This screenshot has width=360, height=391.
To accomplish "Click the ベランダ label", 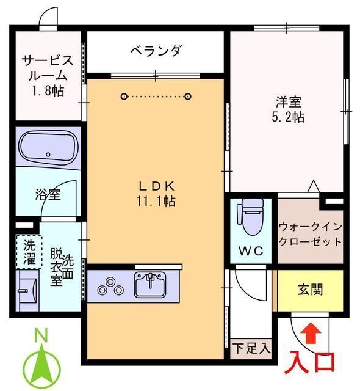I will coord(155,51).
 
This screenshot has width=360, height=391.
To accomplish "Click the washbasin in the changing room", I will coord(27,288).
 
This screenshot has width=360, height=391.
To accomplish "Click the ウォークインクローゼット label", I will coord(310,234).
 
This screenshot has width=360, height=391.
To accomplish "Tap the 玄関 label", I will coord(311,288).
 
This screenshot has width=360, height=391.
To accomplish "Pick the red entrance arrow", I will coord(310,334).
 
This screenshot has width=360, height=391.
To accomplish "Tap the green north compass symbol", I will coord(41,360).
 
